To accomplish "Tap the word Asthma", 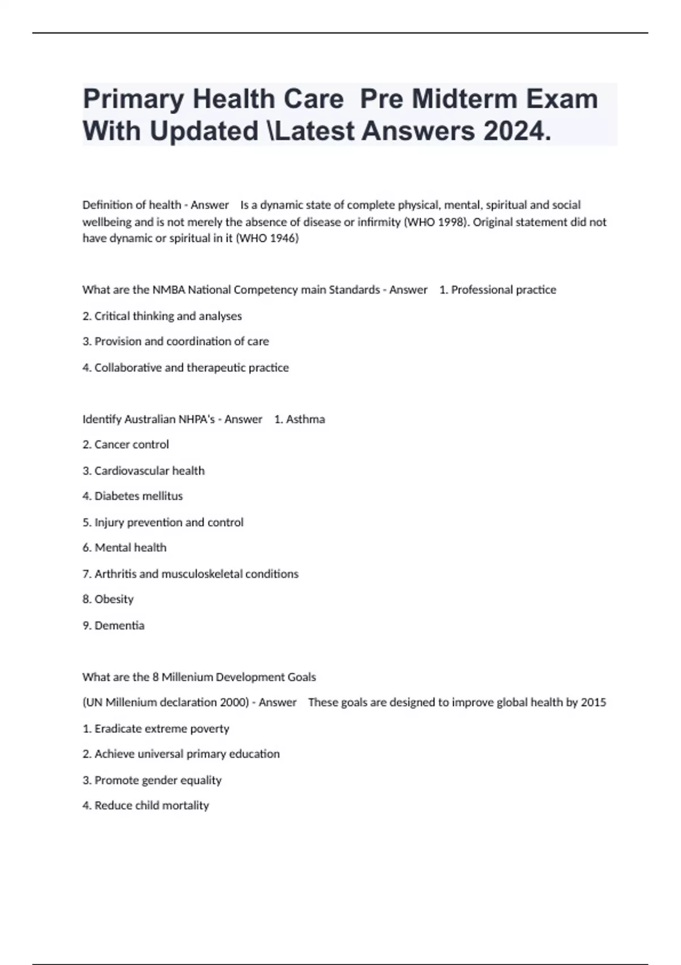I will click(x=305, y=419).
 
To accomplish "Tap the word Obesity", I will click(x=114, y=599).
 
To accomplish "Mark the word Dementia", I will click(x=119, y=626).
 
